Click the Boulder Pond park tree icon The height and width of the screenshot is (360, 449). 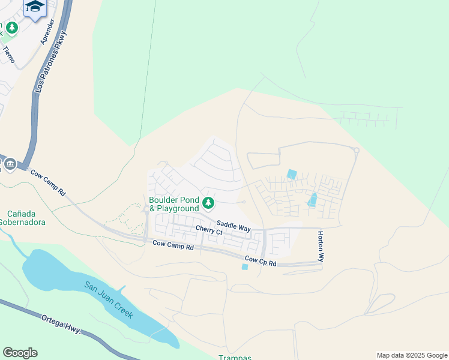click(x=209, y=203)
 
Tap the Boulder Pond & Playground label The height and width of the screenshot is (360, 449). click(x=173, y=204)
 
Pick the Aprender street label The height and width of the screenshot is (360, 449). click(x=47, y=31)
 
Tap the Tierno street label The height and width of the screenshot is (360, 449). click(x=9, y=55)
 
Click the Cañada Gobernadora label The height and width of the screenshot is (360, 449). click(x=26, y=218)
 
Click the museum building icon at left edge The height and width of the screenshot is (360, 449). click(x=10, y=164)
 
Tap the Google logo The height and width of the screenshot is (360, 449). click(x=20, y=353)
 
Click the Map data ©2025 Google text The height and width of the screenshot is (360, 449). click(x=411, y=355)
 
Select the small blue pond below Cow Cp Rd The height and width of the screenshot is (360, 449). click(x=244, y=267)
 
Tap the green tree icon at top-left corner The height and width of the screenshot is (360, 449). click(x=11, y=28)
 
